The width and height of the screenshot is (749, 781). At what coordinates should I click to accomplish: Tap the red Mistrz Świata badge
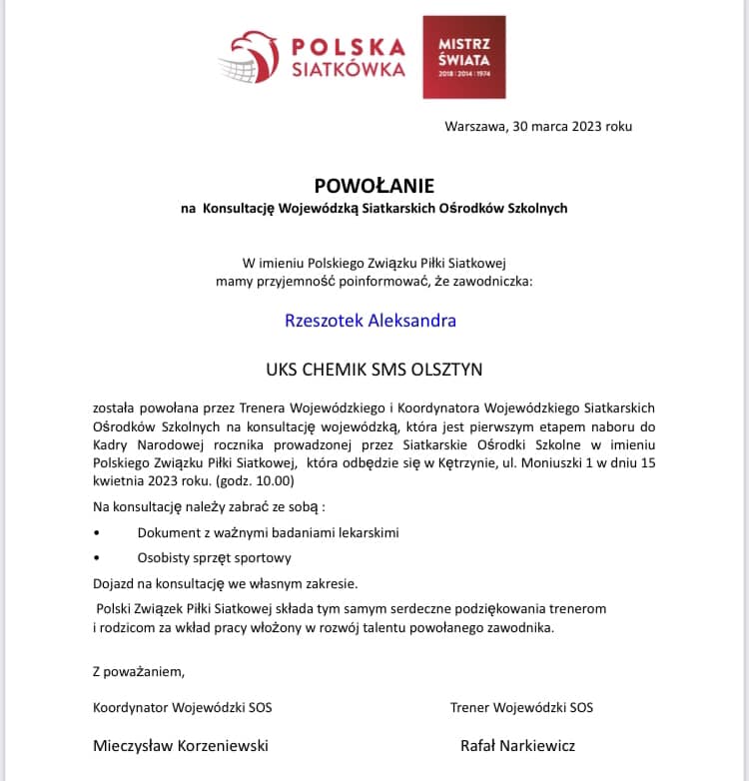(463, 57)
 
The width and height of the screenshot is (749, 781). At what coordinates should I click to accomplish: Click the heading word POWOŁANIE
(374, 186)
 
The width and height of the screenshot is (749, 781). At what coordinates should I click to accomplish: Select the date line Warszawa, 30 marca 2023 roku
(538, 127)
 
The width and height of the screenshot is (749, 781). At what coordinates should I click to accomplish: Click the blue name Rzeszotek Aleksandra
(371, 321)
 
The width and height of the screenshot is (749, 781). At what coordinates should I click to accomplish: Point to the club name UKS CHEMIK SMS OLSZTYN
(374, 370)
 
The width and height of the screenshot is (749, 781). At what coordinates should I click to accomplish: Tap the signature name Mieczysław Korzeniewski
(181, 745)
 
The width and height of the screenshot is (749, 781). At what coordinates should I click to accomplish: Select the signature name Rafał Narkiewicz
(517, 745)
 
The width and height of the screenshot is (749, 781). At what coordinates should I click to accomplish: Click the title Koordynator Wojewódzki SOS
(182, 707)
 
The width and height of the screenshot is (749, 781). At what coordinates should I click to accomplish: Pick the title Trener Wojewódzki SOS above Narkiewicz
(521, 707)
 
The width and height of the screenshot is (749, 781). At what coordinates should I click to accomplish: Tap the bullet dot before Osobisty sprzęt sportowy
(97, 558)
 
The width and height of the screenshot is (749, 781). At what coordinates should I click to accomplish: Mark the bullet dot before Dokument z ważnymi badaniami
(97, 533)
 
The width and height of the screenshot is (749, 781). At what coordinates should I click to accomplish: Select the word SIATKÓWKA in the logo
(348, 70)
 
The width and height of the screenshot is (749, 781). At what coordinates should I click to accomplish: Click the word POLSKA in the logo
(349, 47)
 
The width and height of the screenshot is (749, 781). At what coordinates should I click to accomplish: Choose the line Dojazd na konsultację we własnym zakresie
(225, 583)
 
